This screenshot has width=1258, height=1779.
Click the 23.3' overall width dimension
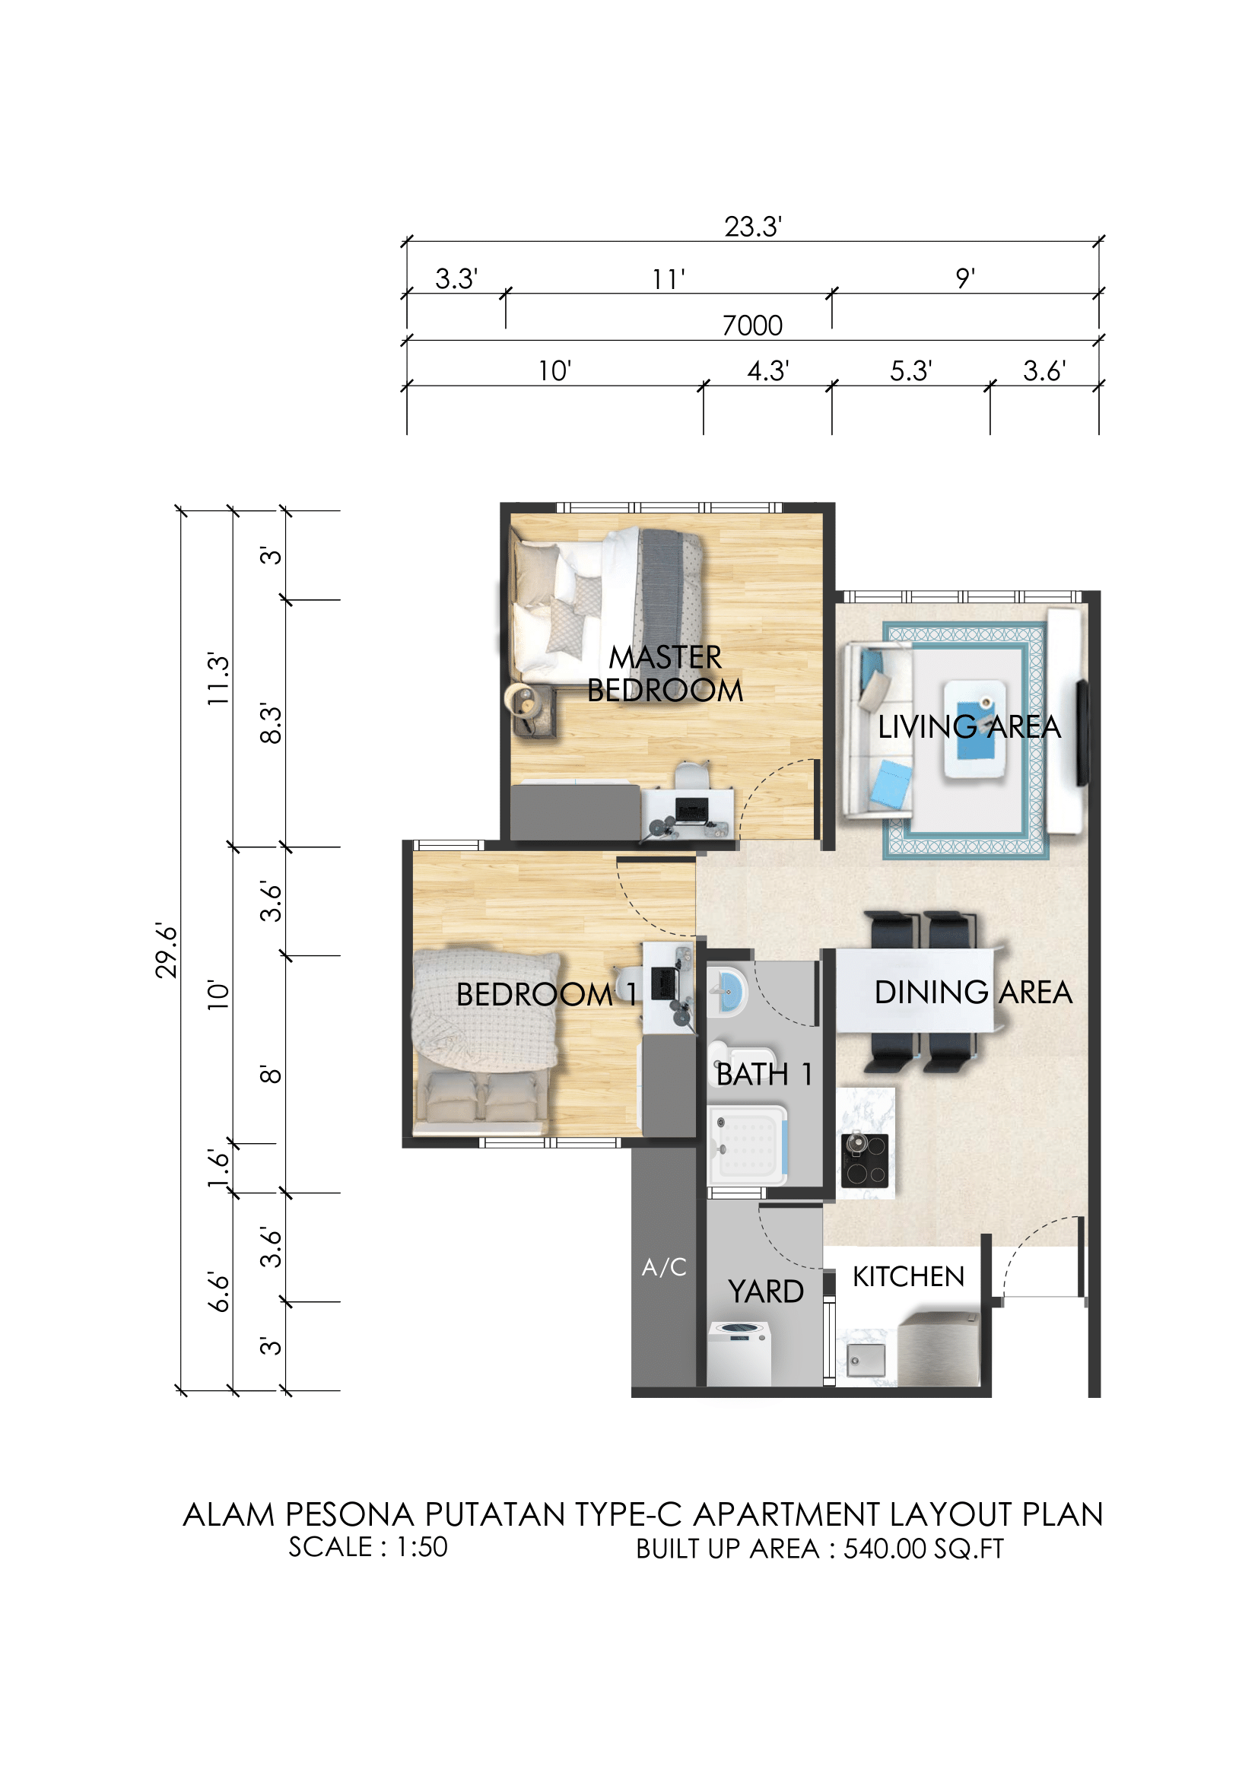click(x=753, y=227)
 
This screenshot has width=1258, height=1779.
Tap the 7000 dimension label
click(x=752, y=326)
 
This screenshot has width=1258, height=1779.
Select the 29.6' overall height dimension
click(x=167, y=951)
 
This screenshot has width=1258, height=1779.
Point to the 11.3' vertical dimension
click(x=218, y=678)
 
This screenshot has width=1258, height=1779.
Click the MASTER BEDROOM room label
click(x=665, y=673)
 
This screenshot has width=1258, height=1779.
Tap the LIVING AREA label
click(x=969, y=727)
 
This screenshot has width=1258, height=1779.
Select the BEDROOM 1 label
click(x=547, y=995)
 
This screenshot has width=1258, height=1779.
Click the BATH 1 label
click(x=764, y=1075)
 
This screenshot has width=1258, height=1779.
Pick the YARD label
click(x=766, y=1291)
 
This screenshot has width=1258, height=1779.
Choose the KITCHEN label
click(x=909, y=1277)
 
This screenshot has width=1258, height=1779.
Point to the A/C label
click(x=664, y=1268)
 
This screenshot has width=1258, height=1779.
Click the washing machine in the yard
click(x=739, y=1354)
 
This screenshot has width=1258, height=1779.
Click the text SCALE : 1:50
click(x=368, y=1546)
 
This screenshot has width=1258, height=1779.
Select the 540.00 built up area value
click(x=885, y=1549)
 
